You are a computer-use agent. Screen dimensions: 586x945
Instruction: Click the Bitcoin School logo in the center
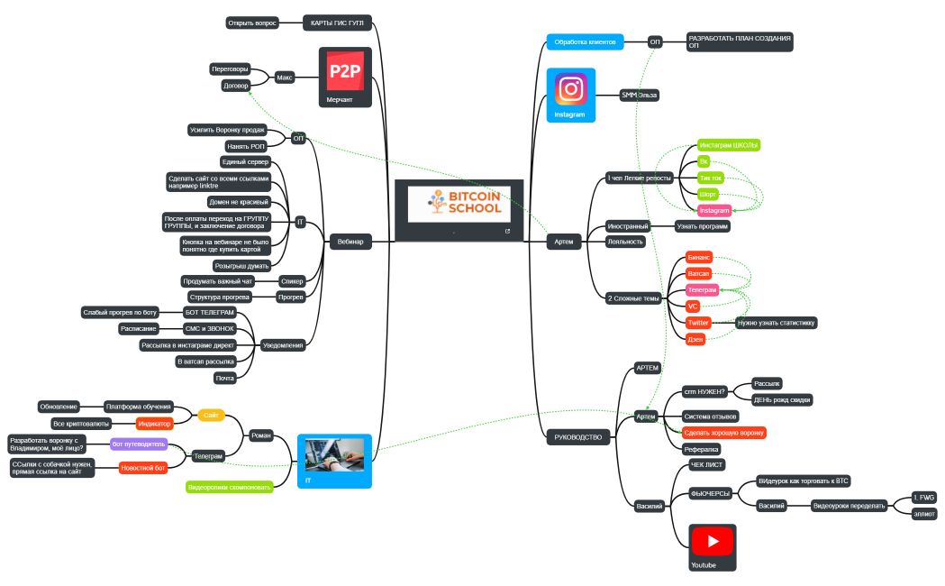(459, 205)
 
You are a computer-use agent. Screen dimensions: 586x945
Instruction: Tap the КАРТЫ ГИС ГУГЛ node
(335, 23)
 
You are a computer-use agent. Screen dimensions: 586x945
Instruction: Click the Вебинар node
(350, 242)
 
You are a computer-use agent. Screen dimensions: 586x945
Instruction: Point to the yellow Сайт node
(212, 416)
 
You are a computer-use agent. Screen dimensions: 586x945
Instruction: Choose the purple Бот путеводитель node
(139, 444)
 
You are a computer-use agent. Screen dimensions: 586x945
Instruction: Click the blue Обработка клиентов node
(585, 41)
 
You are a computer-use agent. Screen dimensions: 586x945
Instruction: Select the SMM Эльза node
(640, 95)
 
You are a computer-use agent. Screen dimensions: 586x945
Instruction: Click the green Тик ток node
(711, 178)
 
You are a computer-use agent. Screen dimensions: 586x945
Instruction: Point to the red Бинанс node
(699, 257)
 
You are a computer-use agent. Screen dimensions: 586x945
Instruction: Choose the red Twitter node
(699, 323)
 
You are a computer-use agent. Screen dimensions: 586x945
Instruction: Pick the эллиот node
(924, 513)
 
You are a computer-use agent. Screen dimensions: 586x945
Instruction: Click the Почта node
(225, 379)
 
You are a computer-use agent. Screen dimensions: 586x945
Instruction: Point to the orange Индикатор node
(154, 424)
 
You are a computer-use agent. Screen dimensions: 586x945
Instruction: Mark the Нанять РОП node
(245, 146)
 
